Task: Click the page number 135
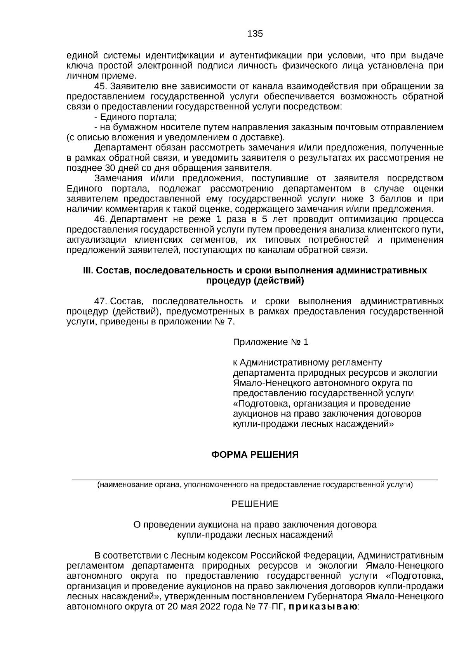(255, 34)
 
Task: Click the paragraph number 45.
(101, 86)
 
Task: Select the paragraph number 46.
(101, 219)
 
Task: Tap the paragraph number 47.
(101, 301)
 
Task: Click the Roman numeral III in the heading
(88, 270)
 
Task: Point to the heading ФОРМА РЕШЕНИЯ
(255, 455)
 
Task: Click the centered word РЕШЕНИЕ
(255, 504)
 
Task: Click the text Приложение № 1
(270, 342)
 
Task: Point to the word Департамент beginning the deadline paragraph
(121, 148)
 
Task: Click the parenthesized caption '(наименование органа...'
(255, 485)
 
